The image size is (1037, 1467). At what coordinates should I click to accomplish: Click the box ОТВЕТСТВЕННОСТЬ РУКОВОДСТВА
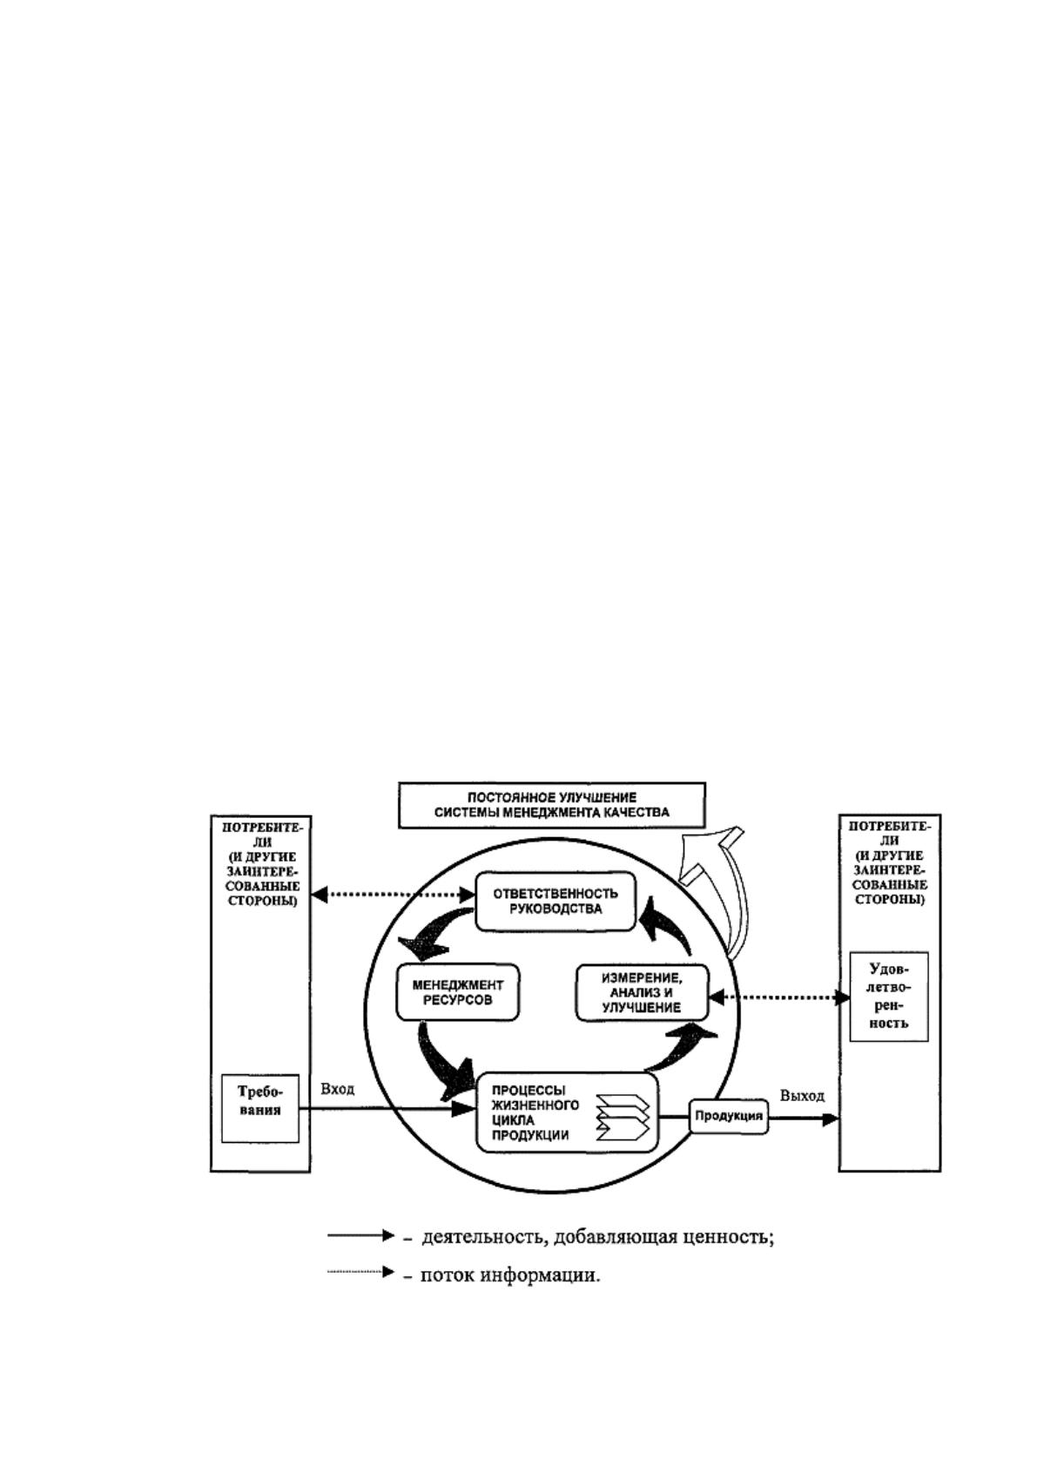(x=556, y=902)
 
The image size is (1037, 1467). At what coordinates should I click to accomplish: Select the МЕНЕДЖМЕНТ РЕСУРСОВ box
(x=458, y=992)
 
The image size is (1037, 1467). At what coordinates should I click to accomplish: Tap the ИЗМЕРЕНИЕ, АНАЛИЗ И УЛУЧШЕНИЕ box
(x=643, y=993)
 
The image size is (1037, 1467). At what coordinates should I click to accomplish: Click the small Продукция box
(x=729, y=1115)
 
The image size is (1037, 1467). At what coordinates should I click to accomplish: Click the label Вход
(x=337, y=1089)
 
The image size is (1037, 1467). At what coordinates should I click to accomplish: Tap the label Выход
(x=802, y=1096)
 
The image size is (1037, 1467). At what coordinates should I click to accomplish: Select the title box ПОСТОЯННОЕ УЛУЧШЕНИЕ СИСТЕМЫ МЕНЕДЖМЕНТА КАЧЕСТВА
(x=552, y=805)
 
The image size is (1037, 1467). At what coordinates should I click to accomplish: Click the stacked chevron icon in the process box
(x=623, y=1118)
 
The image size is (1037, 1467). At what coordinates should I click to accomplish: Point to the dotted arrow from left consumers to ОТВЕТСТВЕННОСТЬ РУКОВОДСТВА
(x=394, y=895)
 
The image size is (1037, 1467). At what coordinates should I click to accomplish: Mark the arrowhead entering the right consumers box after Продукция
(x=831, y=1119)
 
